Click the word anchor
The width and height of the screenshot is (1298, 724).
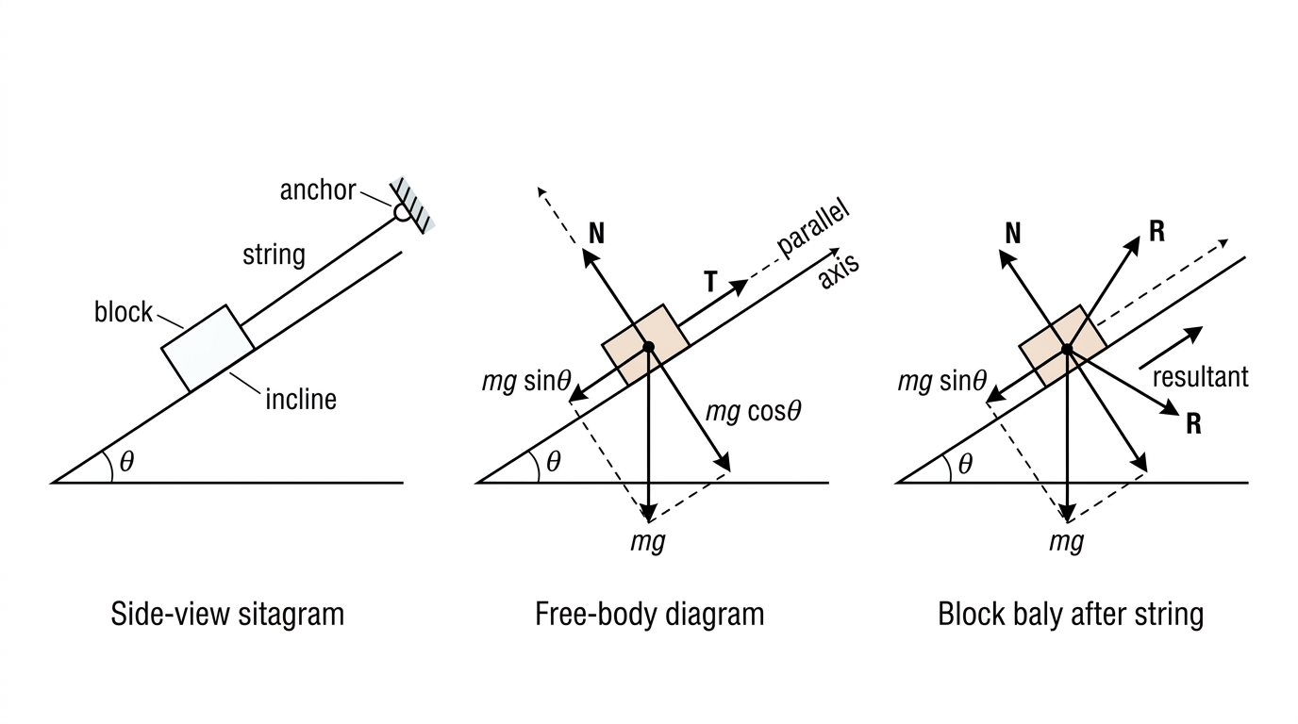318,190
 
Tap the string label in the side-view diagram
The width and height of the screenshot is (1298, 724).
274,255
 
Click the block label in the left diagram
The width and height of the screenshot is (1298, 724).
124,312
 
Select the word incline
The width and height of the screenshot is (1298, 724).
301,399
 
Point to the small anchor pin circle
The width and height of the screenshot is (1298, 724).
402,212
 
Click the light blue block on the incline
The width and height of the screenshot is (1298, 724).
208,348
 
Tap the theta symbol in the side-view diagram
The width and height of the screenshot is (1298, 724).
127,462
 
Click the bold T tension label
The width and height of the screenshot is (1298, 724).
711,282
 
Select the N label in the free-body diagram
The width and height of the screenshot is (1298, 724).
596,234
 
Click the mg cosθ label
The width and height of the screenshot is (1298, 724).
754,412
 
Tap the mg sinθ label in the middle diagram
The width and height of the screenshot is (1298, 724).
526,383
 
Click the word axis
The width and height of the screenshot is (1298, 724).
839,271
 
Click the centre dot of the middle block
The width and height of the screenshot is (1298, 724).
648,346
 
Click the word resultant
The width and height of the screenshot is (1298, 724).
1200,377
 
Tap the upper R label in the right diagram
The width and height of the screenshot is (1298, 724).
1157,232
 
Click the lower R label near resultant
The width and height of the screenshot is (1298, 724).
1193,424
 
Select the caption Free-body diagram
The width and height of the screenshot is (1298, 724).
650,615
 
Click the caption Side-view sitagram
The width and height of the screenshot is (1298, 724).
227,615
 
